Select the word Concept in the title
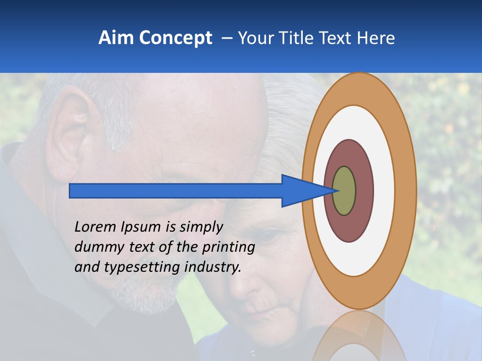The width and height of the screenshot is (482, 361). tap(175, 39)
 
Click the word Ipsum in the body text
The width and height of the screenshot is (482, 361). tap(140, 228)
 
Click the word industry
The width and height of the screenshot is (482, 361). tap(213, 267)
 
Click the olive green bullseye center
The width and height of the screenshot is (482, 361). tap(344, 191)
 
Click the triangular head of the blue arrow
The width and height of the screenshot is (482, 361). tap(301, 191)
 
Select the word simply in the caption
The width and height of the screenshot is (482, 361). tap(201, 228)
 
